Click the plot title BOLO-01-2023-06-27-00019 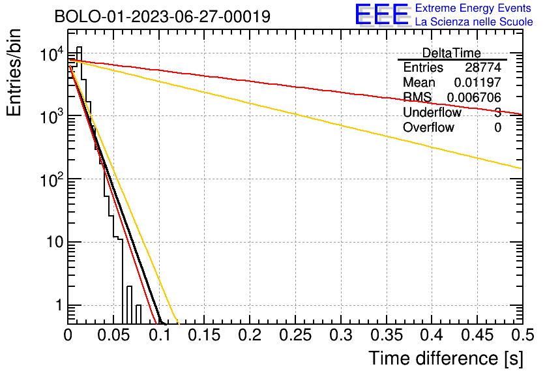[x=162, y=16]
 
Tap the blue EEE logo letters [x=382, y=14]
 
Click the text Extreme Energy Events [x=473, y=8]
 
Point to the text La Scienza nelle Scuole [x=474, y=22]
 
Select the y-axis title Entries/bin [x=14, y=72]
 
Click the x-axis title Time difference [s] [x=446, y=358]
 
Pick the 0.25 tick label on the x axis [x=295, y=335]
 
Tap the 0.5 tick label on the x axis [x=523, y=335]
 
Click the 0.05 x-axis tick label [x=113, y=335]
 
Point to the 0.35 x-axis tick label [x=387, y=335]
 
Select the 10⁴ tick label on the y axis [x=52, y=55]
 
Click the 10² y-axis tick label [x=52, y=180]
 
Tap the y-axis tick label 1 [x=59, y=306]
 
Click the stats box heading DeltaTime [x=452, y=53]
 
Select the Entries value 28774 [x=483, y=67]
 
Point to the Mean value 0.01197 [x=478, y=82]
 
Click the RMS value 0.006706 [x=474, y=97]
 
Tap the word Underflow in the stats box [x=432, y=112]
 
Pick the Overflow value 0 [x=497, y=128]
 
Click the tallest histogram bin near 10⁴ [x=79, y=63]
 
